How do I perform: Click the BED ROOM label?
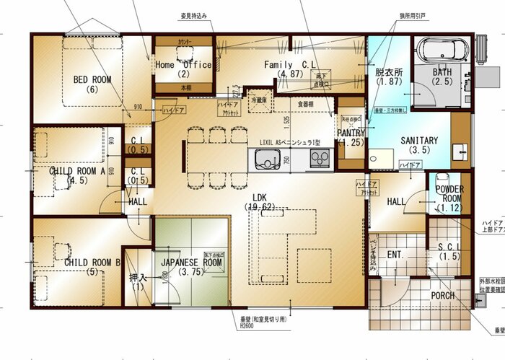92,80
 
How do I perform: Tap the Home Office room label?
183,65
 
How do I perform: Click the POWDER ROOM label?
449,194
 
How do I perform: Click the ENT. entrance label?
395,255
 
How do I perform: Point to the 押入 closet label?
137,278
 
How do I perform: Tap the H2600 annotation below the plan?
247,325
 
